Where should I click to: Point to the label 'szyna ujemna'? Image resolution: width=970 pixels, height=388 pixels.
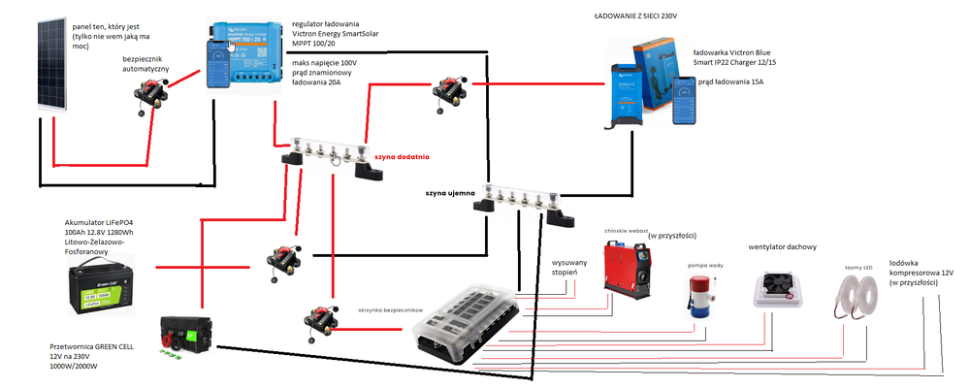[450, 193]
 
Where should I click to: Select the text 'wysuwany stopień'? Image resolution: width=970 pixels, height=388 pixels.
[571, 268]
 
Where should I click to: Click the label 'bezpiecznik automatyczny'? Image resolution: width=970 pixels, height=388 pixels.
[145, 65]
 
